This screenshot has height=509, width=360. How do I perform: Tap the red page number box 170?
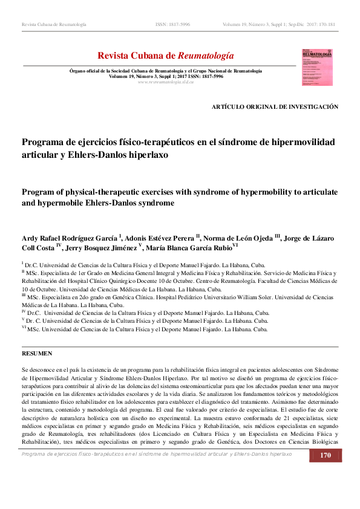[x=325, y=473]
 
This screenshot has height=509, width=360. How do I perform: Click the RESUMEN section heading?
[x=37, y=353]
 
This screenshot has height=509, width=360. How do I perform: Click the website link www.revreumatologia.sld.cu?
[x=166, y=82]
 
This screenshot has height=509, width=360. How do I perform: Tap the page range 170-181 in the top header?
[x=323, y=24]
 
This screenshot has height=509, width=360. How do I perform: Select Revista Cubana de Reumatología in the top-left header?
[x=54, y=24]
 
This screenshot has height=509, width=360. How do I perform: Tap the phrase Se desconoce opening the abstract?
[x=41, y=369]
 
